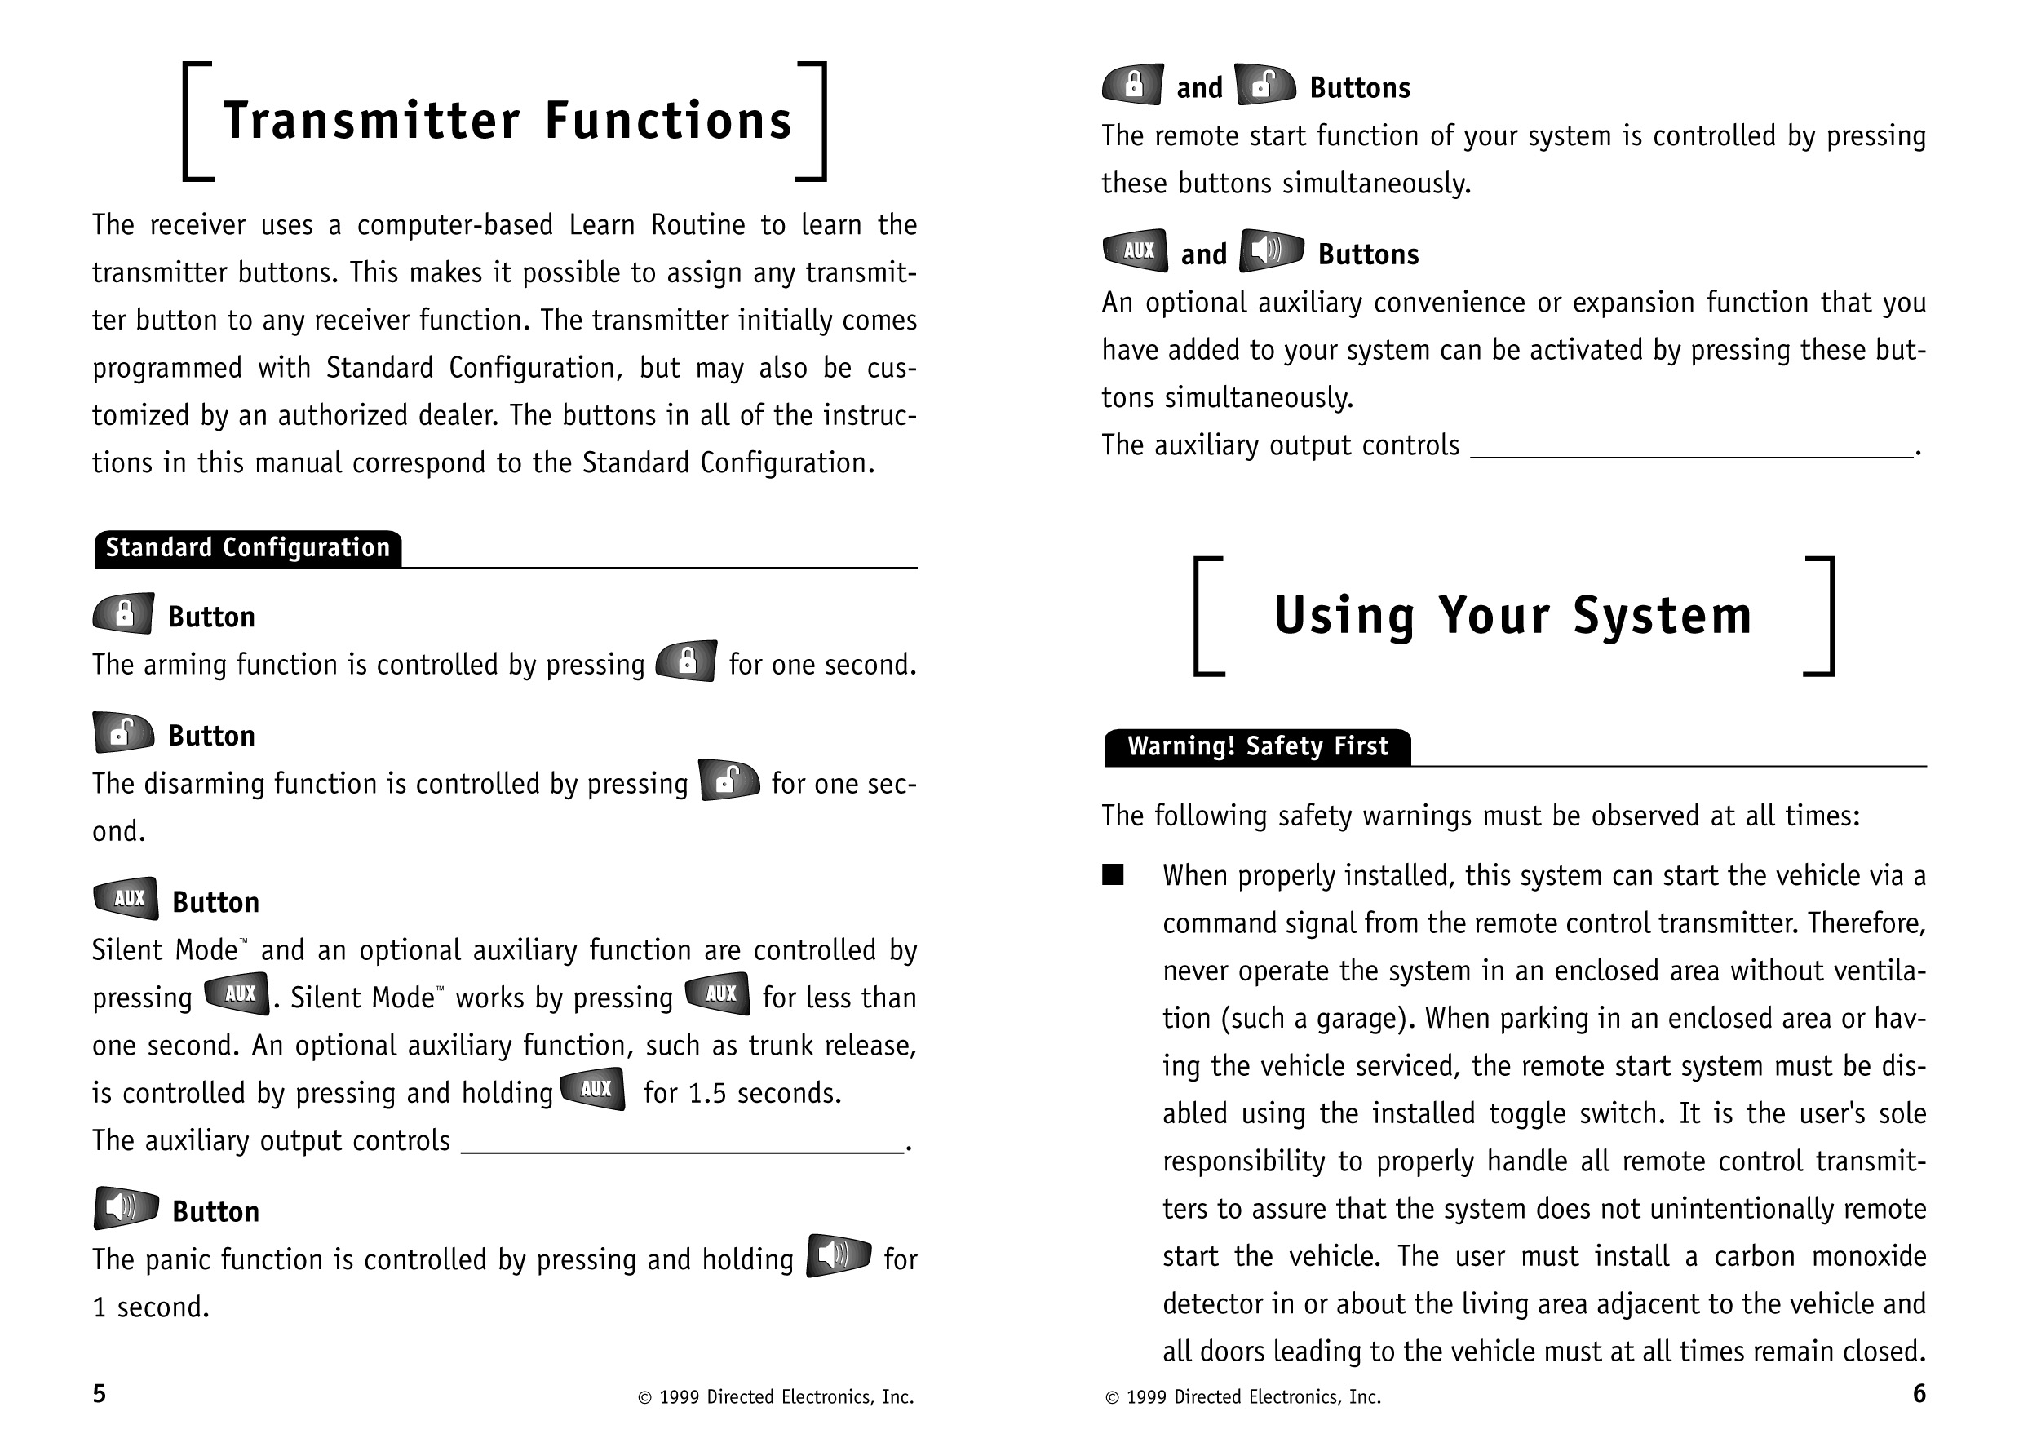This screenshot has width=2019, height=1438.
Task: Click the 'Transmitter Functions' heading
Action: click(x=507, y=122)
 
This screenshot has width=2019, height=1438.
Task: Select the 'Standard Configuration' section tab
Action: click(x=248, y=548)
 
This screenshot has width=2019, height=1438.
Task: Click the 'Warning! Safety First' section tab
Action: click(x=1257, y=746)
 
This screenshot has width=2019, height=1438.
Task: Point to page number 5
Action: click(x=100, y=1394)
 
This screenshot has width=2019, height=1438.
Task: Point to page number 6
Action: click(x=1919, y=1394)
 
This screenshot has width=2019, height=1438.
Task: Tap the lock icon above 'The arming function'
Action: click(x=124, y=613)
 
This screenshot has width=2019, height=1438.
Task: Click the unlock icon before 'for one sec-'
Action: click(x=728, y=780)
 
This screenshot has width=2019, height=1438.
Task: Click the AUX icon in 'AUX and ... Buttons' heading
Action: click(x=1136, y=250)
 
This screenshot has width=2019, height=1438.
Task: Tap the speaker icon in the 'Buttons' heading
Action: click(x=1272, y=250)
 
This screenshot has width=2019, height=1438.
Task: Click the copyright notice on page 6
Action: click(x=1243, y=1397)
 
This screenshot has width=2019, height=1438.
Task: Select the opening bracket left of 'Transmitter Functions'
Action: click(x=197, y=122)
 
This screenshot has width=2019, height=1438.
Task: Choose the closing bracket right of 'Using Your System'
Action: click(x=1821, y=617)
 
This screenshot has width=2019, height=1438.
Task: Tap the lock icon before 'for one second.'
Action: click(x=686, y=661)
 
